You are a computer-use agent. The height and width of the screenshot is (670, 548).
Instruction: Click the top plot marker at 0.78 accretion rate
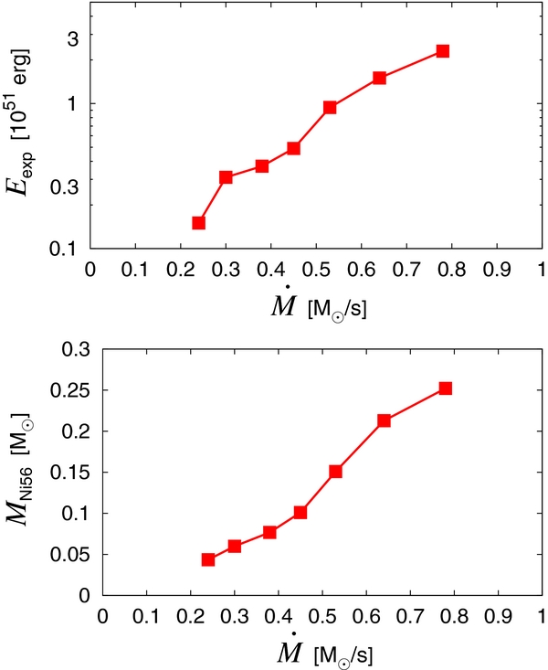[x=442, y=51]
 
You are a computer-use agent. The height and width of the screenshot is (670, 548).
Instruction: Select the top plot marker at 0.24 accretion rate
[x=198, y=223]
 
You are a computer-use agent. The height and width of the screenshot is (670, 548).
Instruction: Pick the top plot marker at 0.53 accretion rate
[x=330, y=108]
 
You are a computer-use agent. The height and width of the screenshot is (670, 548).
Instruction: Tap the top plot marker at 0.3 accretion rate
[x=226, y=177]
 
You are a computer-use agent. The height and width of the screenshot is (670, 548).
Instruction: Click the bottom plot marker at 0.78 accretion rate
[x=446, y=388]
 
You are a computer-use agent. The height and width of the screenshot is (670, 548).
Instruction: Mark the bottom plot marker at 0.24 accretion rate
[x=208, y=559]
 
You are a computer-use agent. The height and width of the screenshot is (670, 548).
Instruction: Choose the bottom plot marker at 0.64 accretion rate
[x=385, y=420]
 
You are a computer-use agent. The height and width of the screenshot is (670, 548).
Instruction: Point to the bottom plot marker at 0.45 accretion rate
[x=300, y=513]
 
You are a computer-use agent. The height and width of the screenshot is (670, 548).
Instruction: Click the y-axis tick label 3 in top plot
[x=70, y=38]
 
